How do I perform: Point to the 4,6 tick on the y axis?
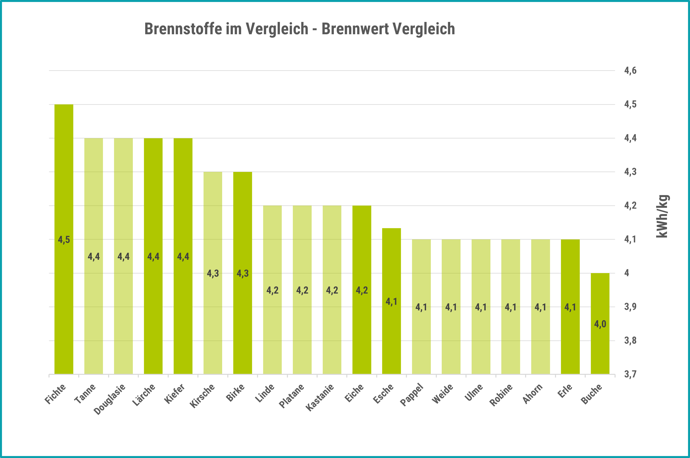(x=630, y=71)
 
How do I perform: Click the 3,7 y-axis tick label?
(x=630, y=374)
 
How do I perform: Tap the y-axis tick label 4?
(x=627, y=273)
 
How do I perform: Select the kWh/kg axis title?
(x=662, y=216)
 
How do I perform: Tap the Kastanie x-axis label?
(x=320, y=397)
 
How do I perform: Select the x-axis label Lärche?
(x=144, y=395)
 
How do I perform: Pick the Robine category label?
(x=501, y=395)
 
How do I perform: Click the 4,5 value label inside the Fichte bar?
(x=64, y=240)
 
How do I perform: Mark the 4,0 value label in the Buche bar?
(x=600, y=324)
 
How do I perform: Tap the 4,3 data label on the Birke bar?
(x=243, y=273)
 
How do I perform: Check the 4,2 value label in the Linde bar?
(x=272, y=290)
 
